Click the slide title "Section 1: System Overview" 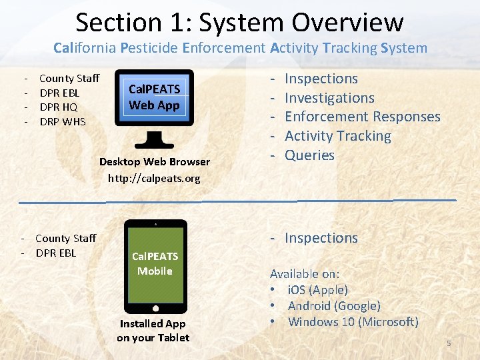[x=239, y=22]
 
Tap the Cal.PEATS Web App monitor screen [x=154, y=97]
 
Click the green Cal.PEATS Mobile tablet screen [x=155, y=263]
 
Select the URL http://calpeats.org [x=154, y=178]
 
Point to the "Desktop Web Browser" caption [x=154, y=161]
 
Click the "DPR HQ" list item [x=59, y=107]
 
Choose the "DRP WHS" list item [x=63, y=121]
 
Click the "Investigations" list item [x=329, y=98]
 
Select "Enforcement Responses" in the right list [x=362, y=117]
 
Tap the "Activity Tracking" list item [x=337, y=136]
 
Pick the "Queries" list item [x=309, y=155]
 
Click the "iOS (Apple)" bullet [x=317, y=290]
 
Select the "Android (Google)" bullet [x=333, y=306]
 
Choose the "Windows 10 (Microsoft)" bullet [x=353, y=322]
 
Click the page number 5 [x=449, y=343]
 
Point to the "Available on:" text [x=304, y=274]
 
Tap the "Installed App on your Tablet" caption [x=153, y=331]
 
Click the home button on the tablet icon [x=155, y=309]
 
